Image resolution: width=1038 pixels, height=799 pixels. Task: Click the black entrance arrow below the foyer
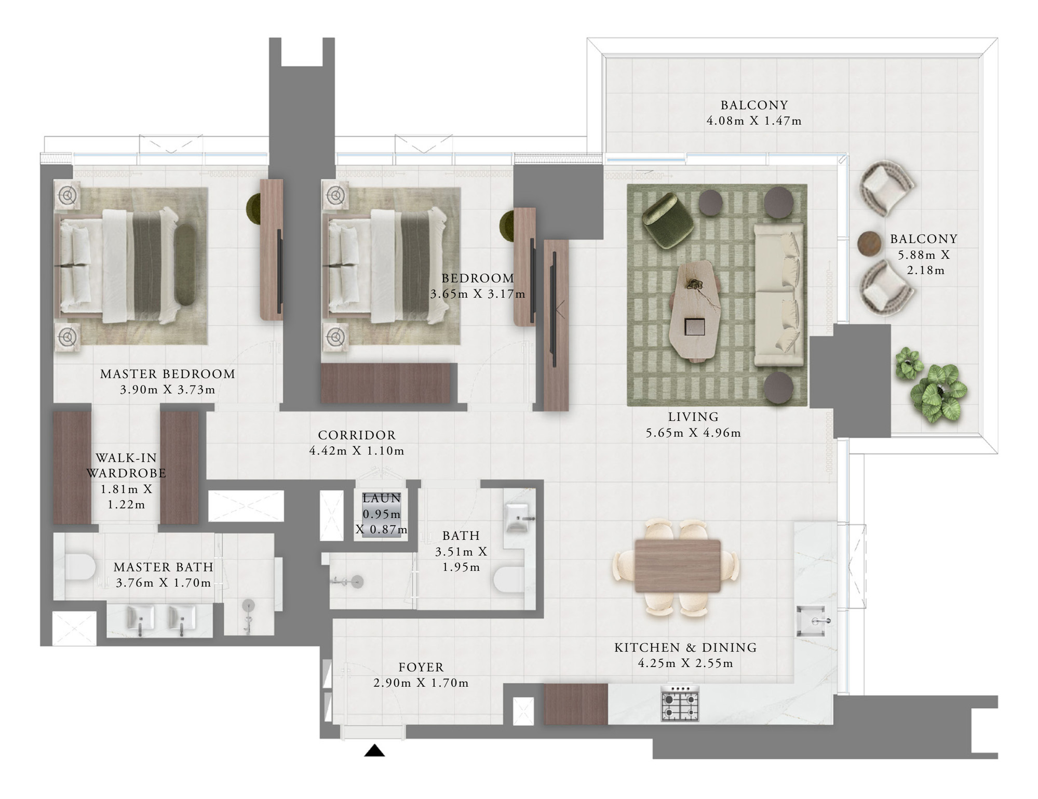click(374, 751)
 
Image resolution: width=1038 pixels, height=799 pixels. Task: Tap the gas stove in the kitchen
click(680, 703)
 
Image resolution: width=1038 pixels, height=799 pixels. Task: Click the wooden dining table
click(677, 566)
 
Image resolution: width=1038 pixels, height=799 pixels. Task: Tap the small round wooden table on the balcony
click(870, 243)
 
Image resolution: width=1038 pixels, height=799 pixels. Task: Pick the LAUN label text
click(382, 498)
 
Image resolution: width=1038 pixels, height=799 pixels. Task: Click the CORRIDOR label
click(357, 435)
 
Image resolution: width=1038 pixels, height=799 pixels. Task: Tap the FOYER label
click(421, 667)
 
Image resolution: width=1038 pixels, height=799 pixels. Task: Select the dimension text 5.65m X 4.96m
click(693, 433)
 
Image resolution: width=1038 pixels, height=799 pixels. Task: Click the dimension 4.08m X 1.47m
click(754, 121)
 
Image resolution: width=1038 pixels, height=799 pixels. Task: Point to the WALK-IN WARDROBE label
click(126, 465)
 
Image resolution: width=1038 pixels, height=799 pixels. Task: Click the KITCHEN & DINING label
click(685, 647)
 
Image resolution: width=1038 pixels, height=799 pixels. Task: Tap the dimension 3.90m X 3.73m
click(167, 390)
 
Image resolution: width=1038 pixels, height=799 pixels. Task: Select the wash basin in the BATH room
click(518, 517)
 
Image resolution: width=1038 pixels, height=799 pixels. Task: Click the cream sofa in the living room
click(779, 295)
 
